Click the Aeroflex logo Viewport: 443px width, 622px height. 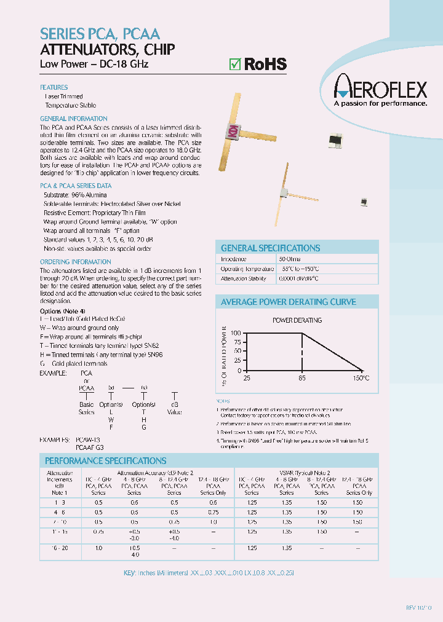380,91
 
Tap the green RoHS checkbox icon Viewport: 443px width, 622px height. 234,64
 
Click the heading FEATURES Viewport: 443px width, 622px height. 54,87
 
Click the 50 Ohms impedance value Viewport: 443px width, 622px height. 290,259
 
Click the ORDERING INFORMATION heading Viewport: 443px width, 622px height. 66,262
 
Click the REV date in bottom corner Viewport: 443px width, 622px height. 419,607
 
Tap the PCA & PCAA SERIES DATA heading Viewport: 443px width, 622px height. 76,185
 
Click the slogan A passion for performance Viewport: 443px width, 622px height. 380,104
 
